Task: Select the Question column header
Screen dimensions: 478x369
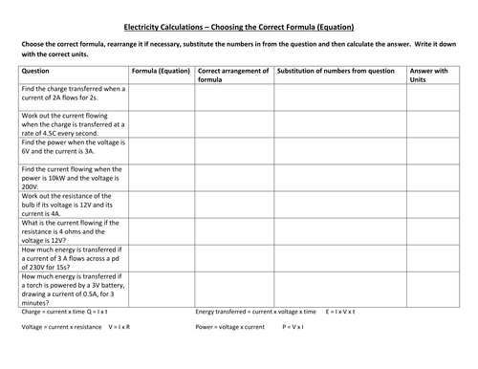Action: [x=36, y=71]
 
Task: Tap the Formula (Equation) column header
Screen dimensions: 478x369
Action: [x=159, y=71]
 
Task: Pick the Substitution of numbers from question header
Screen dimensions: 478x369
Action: [x=335, y=71]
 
